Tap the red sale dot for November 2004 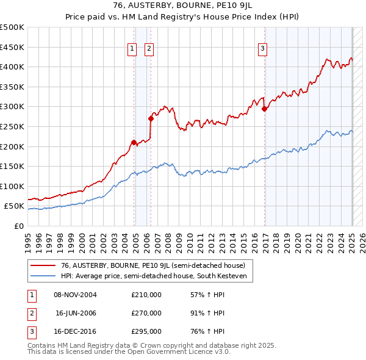[x=134, y=142]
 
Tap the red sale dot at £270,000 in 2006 [x=151, y=118]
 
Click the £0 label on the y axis [x=18, y=226]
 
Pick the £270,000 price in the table [x=146, y=313]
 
